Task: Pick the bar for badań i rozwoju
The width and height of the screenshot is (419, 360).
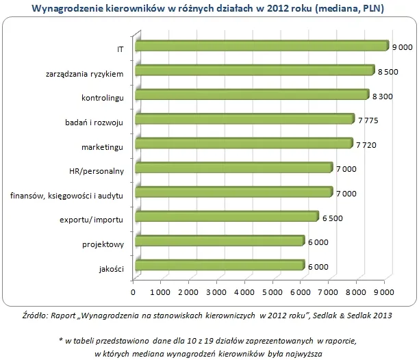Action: point(244,120)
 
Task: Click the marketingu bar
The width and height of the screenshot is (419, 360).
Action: point(244,144)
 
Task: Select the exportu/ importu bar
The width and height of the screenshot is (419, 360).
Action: point(227,217)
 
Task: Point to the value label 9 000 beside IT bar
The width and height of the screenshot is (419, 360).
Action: point(402,47)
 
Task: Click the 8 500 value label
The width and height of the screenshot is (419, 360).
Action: point(388,71)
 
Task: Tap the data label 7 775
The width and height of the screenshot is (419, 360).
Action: point(368,120)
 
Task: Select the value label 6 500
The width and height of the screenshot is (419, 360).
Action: point(332,218)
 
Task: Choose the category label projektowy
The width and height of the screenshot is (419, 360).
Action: point(104,243)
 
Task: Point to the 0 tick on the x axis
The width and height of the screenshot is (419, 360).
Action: point(133,293)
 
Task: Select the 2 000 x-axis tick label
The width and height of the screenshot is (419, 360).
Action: point(189,293)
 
